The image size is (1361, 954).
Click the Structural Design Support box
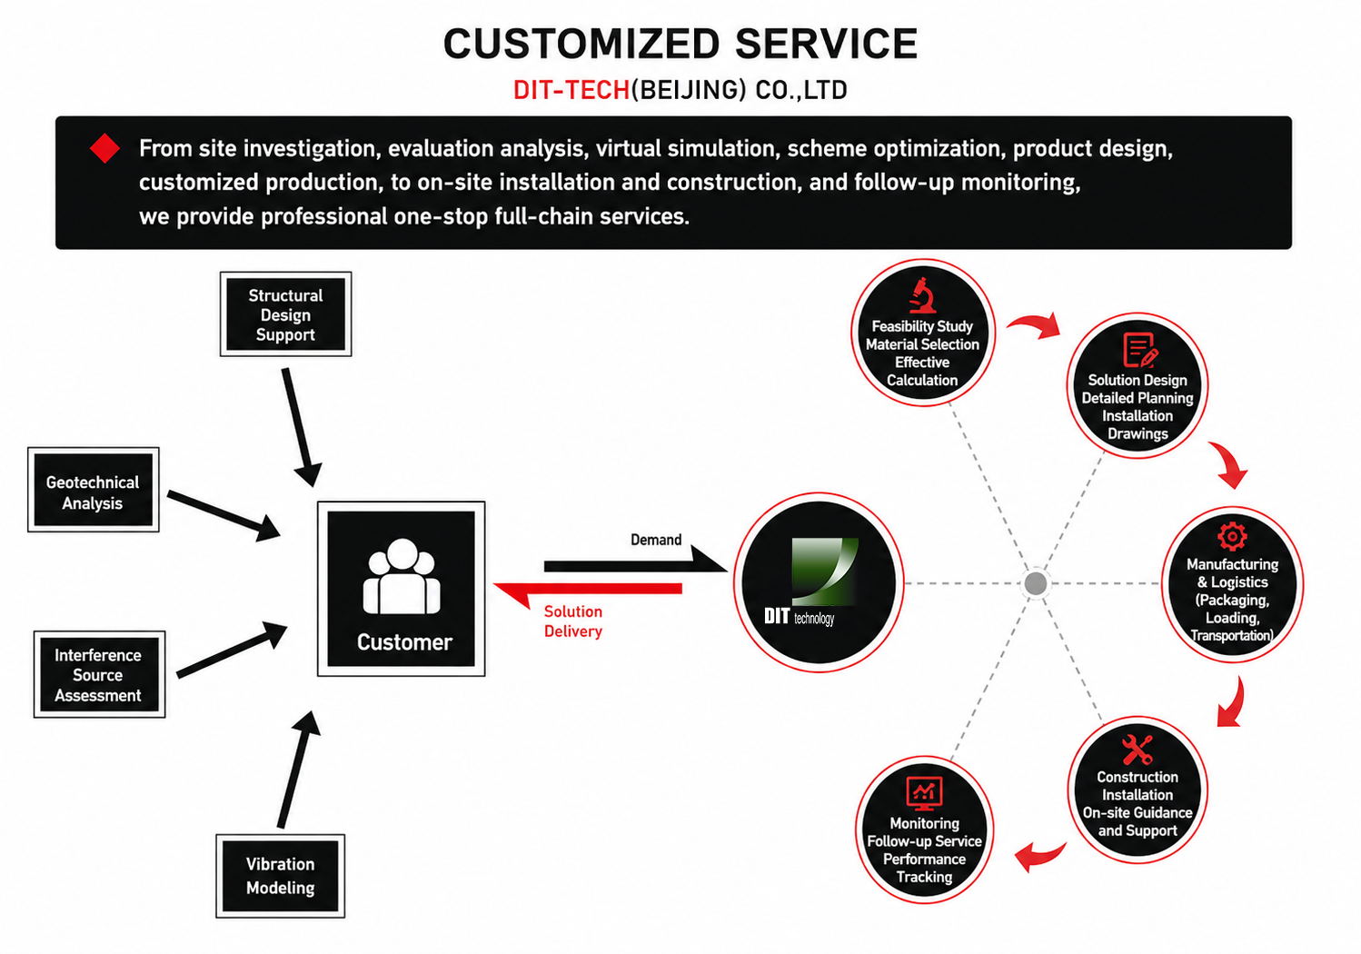pos(285,314)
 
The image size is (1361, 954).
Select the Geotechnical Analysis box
pos(94,490)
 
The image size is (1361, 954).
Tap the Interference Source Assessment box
pos(100,674)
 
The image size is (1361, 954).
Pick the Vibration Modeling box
pos(280,876)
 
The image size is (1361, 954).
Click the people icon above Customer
pos(402,576)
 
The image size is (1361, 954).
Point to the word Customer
pos(404,642)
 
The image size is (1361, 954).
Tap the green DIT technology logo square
pos(825,571)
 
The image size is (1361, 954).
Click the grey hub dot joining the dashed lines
pos(1036,583)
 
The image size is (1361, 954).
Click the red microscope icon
pos(923,295)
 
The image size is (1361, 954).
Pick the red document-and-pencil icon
pos(1140,350)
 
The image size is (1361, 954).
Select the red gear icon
pos(1232,536)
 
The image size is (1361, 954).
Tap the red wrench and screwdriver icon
pos(1137,750)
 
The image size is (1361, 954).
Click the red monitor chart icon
pos(924,793)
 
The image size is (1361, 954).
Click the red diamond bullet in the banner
pos(105,148)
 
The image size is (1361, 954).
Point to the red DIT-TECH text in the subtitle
pos(571,91)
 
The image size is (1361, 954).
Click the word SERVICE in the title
pos(827,44)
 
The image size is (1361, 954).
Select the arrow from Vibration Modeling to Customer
pos(298,770)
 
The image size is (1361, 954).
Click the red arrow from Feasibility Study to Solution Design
pos(1034,323)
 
